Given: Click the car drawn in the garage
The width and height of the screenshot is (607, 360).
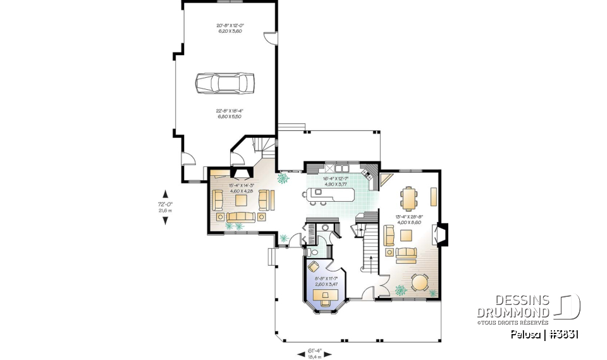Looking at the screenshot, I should pos(224,82).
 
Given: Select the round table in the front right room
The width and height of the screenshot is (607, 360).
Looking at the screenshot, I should pos(419,283).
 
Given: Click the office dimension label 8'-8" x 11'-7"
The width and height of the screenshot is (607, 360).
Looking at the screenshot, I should pos(326,282).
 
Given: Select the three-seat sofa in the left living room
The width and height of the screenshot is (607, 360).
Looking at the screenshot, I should pos(240,217).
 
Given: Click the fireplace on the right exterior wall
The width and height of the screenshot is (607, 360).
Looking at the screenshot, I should pos(443,235).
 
